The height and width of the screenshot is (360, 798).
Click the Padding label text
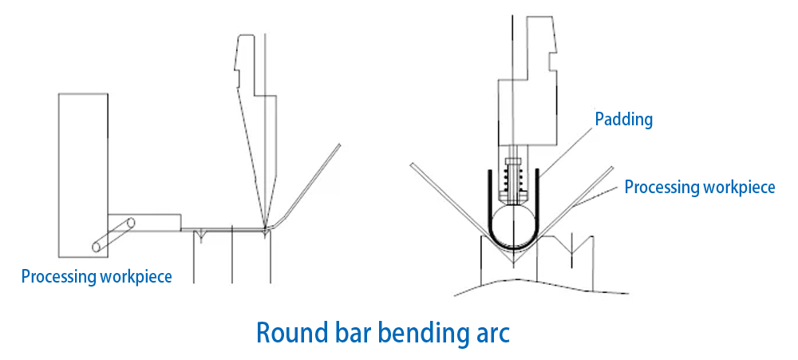(x=624, y=120)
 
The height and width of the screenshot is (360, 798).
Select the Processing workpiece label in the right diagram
(x=699, y=188)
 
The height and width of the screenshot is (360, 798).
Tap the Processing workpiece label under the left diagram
(x=96, y=277)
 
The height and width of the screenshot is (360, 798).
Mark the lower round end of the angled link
(x=97, y=247)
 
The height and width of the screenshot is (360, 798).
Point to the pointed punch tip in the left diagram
(x=263, y=229)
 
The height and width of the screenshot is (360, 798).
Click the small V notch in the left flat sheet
(x=203, y=234)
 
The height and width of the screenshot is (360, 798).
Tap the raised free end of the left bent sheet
(x=339, y=145)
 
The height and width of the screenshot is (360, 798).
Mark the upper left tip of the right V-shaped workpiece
(x=413, y=165)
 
